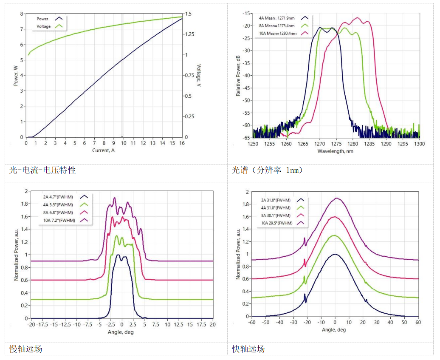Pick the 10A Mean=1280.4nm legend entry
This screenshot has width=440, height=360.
pos(279,33)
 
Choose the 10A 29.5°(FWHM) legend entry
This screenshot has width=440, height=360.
pos(276,223)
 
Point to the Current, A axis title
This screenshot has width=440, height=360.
pos(104,151)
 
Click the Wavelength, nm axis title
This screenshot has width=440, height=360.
pos(336,151)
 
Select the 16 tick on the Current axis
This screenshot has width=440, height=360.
pos(182,144)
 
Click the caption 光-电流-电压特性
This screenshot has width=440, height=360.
pos(42,170)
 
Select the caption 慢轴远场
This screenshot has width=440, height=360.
pos(26,349)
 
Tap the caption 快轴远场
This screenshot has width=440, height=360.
pos(248,349)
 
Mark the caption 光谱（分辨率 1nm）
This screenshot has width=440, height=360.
pos(268,170)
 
